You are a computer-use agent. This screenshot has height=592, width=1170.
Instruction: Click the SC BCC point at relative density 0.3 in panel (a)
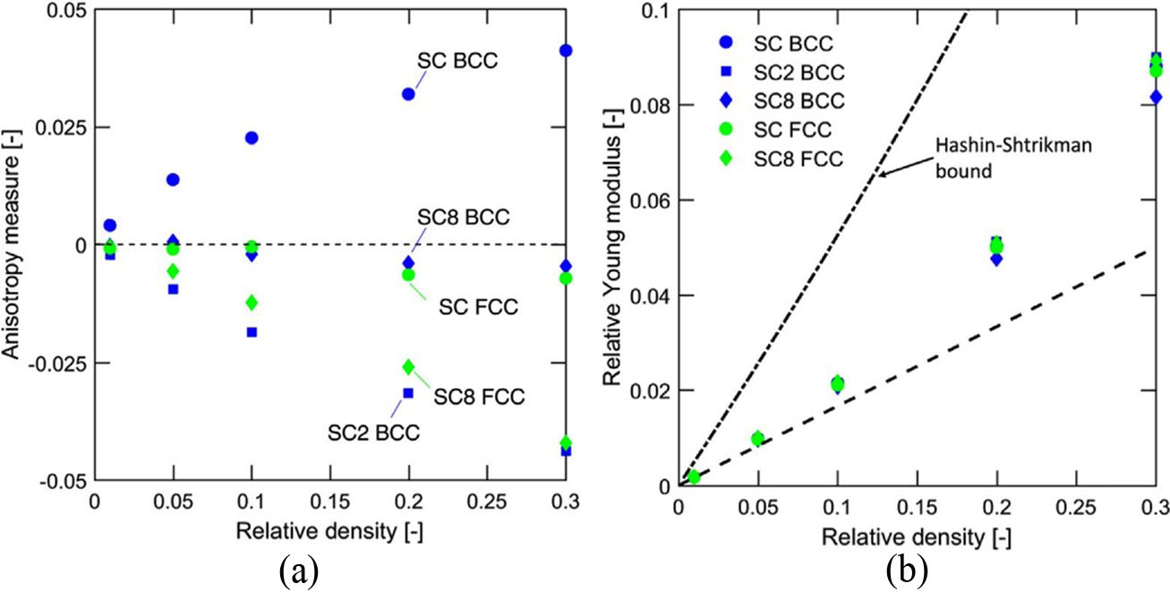click(x=565, y=50)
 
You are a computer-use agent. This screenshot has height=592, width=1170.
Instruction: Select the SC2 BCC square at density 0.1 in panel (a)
click(x=252, y=332)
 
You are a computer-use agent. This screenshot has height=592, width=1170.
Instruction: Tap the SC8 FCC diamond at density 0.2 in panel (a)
click(x=409, y=366)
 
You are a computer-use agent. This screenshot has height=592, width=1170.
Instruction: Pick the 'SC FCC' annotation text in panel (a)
click(x=479, y=306)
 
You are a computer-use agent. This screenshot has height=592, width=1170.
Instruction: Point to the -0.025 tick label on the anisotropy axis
click(x=53, y=363)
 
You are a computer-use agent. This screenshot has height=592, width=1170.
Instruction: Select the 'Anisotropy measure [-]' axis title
click(x=14, y=243)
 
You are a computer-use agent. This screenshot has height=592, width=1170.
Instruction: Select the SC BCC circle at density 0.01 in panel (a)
click(x=109, y=226)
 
